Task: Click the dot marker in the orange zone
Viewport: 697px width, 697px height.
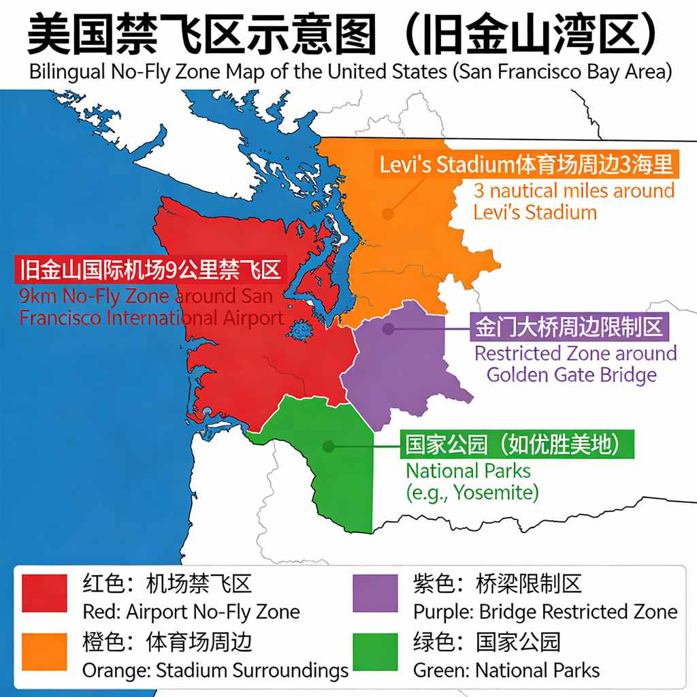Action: coord(387,213)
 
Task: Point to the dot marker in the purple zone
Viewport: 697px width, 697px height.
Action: coord(389,329)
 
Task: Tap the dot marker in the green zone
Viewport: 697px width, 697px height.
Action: coord(329,447)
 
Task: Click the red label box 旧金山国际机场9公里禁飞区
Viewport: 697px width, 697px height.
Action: coord(151,270)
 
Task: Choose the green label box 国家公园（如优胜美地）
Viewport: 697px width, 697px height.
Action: coord(515,445)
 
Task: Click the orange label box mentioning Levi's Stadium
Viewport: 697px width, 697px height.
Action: coord(526,164)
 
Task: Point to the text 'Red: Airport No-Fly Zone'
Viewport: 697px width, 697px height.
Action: coord(191,612)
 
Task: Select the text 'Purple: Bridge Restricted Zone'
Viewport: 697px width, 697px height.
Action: coord(545,612)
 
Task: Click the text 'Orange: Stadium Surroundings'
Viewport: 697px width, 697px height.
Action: coord(215,670)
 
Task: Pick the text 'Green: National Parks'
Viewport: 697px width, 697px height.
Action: coord(506,670)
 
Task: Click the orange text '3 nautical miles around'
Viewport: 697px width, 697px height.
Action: coord(574,191)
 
